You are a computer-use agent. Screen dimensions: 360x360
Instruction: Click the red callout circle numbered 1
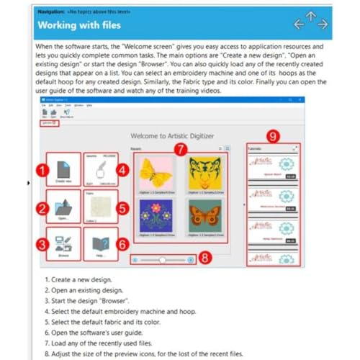[42, 170]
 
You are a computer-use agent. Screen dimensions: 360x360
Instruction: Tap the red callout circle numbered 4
[122, 170]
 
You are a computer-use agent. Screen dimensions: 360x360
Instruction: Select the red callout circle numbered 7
[181, 148]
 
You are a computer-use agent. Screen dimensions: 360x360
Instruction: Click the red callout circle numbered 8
[205, 258]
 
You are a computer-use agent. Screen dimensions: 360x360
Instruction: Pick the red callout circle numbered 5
[122, 208]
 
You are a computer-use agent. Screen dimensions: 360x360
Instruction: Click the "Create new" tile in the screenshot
[63, 169]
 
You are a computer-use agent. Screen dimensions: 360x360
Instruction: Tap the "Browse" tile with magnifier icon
[63, 243]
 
